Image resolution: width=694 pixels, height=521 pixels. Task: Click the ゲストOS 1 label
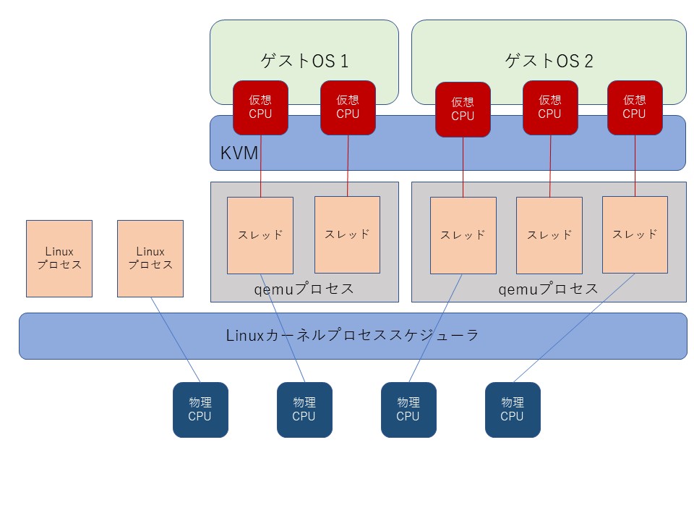tap(304, 61)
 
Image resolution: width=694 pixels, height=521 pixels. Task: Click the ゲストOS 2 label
tap(549, 61)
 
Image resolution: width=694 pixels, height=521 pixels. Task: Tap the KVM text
tap(239, 153)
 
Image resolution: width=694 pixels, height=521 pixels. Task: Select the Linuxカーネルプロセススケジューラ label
tap(352, 335)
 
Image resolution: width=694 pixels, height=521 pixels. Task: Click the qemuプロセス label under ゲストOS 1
tap(304, 289)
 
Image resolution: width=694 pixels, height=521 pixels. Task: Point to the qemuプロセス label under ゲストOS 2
tap(549, 289)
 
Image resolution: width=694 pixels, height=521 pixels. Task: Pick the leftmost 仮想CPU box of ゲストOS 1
tap(261, 108)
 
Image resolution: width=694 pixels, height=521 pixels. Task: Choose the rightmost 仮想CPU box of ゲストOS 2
tap(635, 108)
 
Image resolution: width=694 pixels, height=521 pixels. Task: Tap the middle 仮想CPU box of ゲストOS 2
tap(550, 108)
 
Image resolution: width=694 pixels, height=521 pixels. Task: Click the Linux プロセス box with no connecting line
tap(59, 259)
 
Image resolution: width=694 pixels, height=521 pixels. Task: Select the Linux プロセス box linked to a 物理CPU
tap(150, 259)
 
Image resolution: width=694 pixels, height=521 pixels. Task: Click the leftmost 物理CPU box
tap(200, 410)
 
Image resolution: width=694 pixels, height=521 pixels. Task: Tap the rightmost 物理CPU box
tap(513, 410)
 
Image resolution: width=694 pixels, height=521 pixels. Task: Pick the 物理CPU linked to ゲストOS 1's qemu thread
tap(304, 410)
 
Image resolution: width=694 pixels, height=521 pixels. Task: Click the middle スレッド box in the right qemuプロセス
tap(549, 235)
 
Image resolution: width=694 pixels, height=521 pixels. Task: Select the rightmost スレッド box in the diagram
tap(635, 234)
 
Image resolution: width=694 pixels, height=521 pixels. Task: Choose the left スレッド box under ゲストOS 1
tap(260, 235)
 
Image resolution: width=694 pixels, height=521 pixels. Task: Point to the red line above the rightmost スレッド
tap(635, 166)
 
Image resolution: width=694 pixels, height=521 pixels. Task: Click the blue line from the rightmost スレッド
tap(574, 328)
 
